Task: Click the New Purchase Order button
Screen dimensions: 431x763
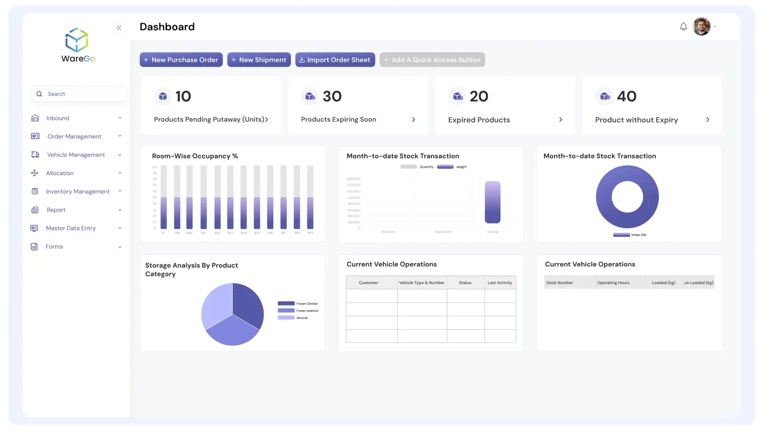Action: (181, 60)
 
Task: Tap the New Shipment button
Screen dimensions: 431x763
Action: (259, 60)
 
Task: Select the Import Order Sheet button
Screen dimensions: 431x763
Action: (335, 60)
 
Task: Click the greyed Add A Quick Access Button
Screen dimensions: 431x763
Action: (432, 60)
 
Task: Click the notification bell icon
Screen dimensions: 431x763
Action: (683, 27)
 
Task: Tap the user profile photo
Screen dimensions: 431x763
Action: (701, 27)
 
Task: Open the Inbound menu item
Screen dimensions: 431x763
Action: (58, 118)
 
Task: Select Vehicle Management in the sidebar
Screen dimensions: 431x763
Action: (76, 155)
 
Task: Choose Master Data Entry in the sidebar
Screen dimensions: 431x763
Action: (71, 228)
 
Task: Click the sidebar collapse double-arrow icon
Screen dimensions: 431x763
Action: (119, 28)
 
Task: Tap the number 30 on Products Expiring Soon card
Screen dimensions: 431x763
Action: (332, 96)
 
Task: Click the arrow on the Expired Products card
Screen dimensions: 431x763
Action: (561, 120)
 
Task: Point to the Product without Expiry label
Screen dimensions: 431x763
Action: (636, 120)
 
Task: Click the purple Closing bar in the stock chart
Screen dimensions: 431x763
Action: (492, 202)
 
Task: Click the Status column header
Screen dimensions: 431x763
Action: (465, 283)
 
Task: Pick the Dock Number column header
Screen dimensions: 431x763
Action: (560, 283)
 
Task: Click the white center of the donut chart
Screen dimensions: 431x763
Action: (627, 197)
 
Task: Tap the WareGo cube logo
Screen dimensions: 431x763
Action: (76, 40)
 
